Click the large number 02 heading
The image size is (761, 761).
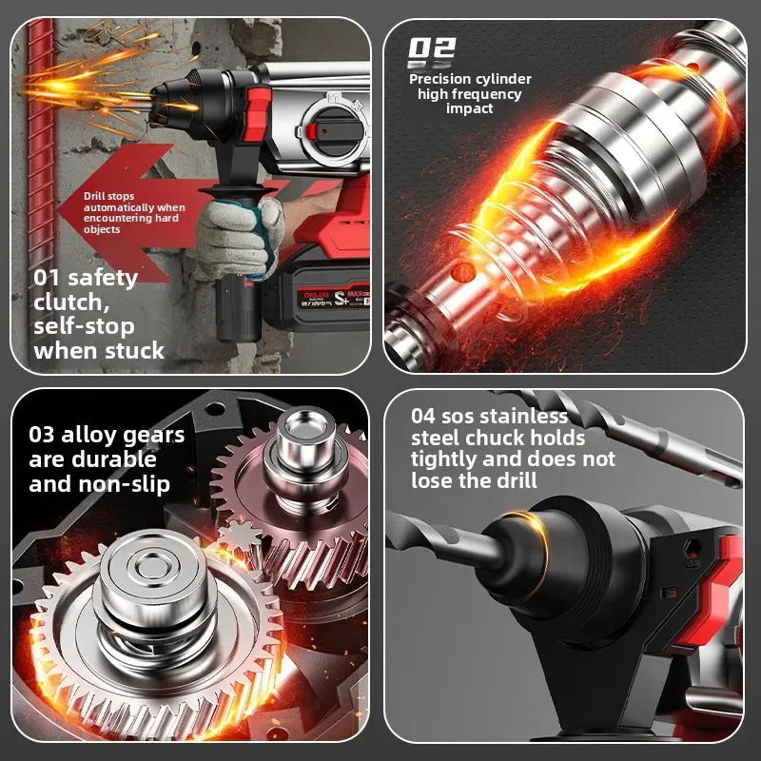click(432, 49)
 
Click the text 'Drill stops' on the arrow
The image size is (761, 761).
click(107, 196)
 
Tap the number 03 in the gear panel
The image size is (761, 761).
click(42, 436)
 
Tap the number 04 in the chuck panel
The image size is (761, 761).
click(424, 416)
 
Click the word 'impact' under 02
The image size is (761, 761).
click(469, 108)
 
